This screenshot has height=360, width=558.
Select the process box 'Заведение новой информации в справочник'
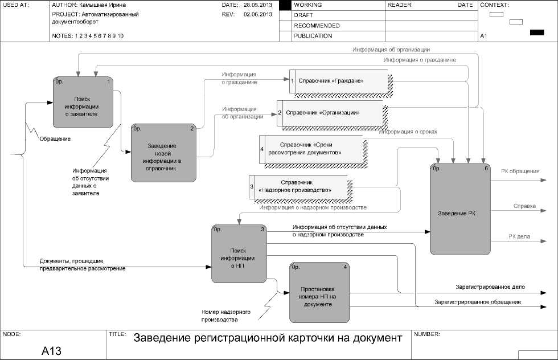coord(163,153)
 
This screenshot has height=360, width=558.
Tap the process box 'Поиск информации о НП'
coord(239,253)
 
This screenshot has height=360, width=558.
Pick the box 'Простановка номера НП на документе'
coord(318,292)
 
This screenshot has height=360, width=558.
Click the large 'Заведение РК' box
coord(459,213)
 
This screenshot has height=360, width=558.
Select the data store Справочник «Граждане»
coord(339,80)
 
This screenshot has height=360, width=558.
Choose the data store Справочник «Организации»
coord(330,112)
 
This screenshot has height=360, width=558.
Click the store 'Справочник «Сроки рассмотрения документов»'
coord(311,149)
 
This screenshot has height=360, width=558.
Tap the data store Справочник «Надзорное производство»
coord(298,186)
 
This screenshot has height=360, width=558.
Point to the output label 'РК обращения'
coord(520,171)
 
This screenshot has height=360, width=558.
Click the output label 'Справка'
coord(524,206)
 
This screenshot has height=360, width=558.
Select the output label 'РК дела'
coord(520,236)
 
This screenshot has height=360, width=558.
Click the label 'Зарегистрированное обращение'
coord(477,302)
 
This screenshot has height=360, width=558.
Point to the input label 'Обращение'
coord(55,138)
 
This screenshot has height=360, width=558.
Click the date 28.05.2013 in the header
coord(257,5)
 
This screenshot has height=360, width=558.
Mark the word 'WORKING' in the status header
coord(308,5)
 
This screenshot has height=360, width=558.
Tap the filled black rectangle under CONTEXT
coord(536,32)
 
